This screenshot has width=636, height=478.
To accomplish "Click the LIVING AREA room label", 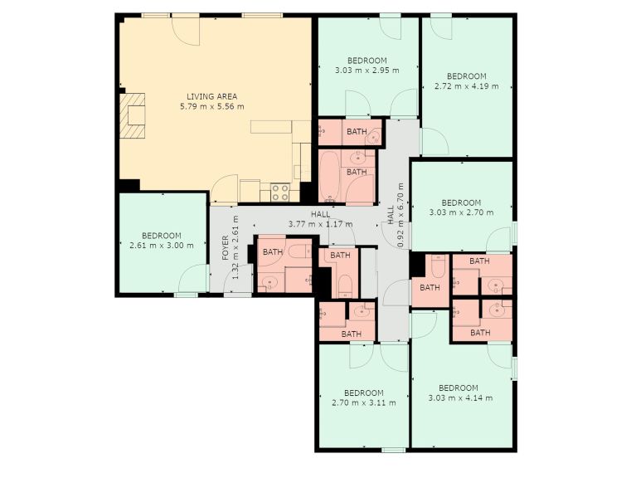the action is click(211, 96).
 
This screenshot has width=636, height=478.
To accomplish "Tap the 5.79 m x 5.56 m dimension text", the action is click(211, 107).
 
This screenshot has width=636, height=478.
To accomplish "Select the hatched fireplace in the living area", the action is click(132, 115).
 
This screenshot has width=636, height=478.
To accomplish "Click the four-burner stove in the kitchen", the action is click(280, 192).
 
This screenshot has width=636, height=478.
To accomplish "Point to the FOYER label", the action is click(226, 248).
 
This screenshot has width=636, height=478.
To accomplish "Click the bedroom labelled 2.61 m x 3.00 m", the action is click(163, 242).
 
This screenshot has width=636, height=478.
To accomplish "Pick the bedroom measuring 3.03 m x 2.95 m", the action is click(368, 66).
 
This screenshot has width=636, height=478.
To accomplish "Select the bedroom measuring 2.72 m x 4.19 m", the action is click(468, 86).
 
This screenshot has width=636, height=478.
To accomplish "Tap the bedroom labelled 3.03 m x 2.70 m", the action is click(462, 207).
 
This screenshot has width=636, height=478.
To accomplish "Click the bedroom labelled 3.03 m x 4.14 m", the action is click(462, 393).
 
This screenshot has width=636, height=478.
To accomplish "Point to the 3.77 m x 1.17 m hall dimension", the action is click(320, 224).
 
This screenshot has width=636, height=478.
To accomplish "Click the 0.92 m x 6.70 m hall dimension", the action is click(401, 215).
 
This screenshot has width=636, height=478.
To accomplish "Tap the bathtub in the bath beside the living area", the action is click(329, 176).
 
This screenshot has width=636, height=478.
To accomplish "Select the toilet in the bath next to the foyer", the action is click(300, 251).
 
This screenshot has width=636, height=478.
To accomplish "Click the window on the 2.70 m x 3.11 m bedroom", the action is click(393, 450).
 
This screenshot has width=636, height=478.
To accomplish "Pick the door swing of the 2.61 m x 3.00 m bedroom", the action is click(193, 278).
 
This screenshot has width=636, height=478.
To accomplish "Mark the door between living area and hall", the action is click(224, 188).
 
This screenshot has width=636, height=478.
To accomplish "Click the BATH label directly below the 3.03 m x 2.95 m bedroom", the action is click(357, 131).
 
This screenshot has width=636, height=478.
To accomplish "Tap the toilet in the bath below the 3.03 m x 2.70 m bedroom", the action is click(438, 265).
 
